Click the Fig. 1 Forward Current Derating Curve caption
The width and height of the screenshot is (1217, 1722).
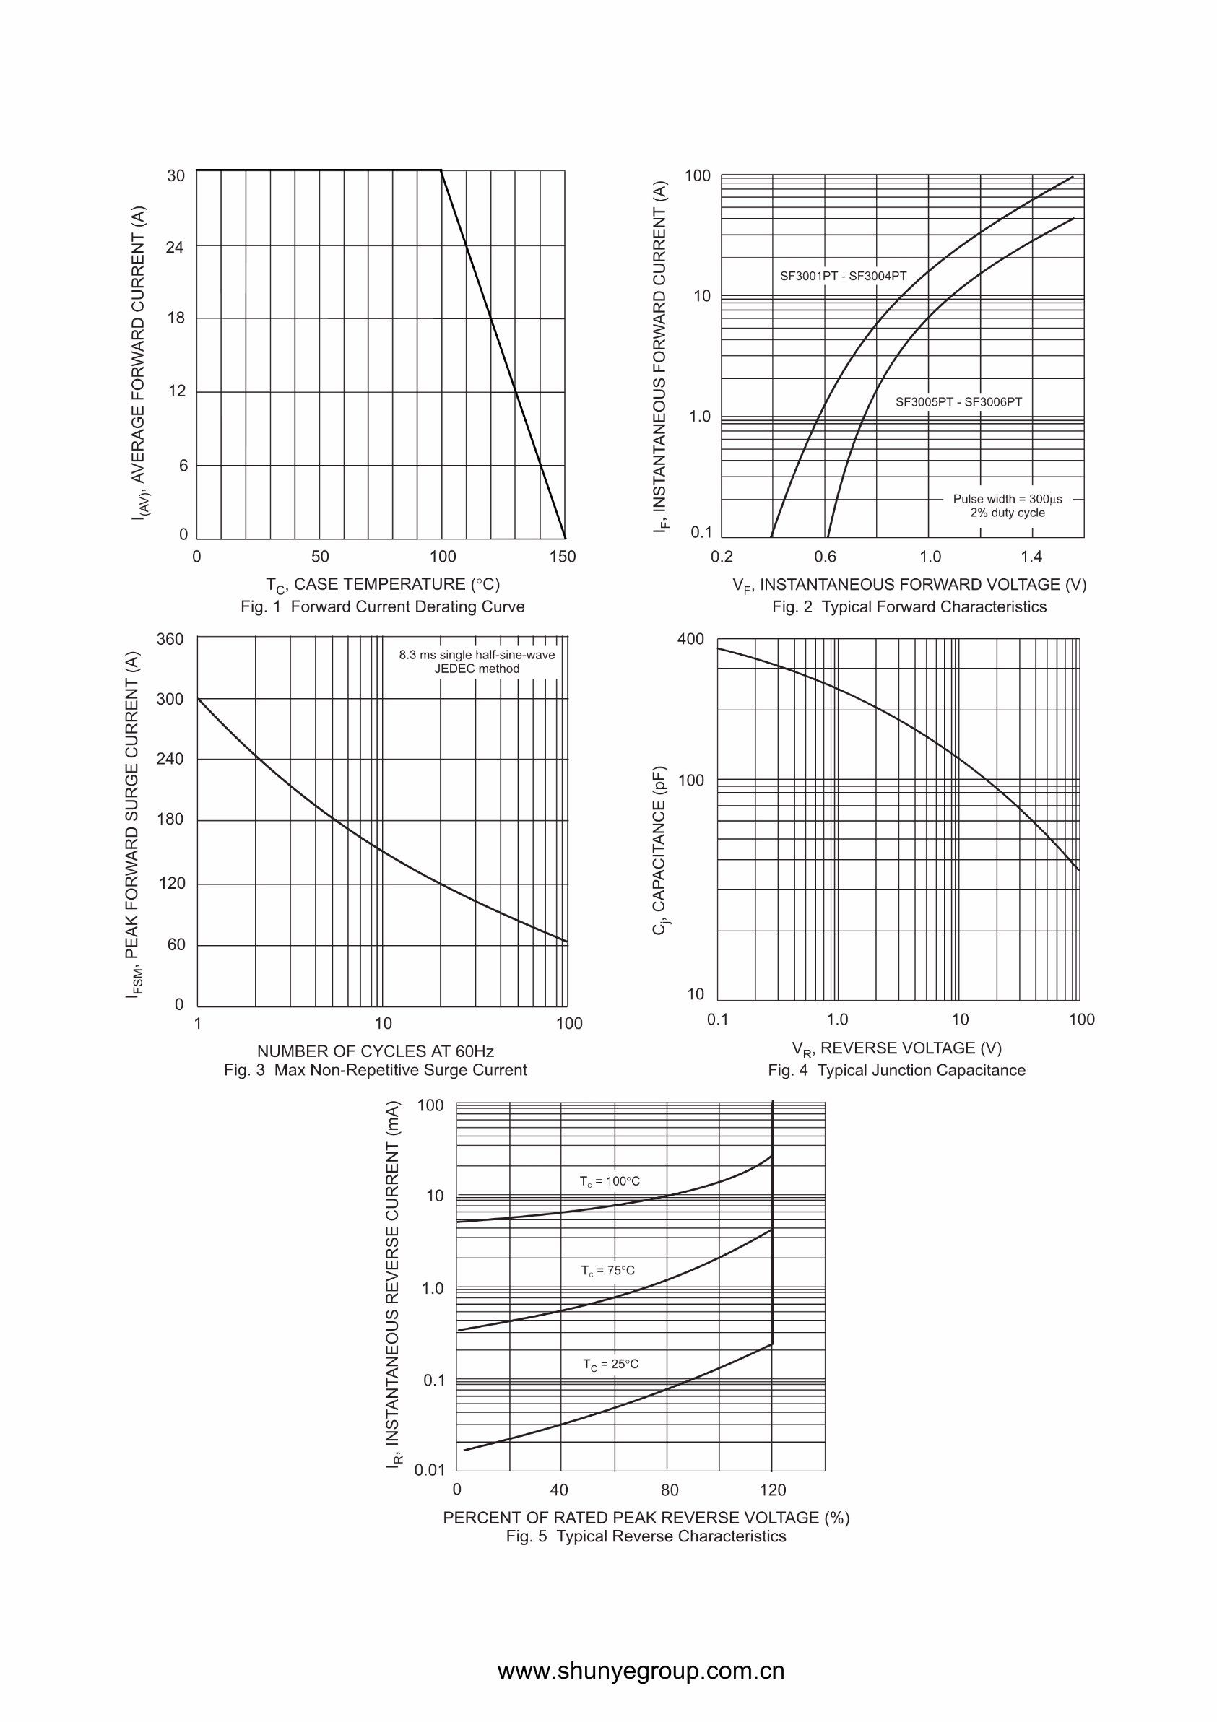383,606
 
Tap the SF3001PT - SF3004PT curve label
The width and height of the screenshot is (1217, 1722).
844,276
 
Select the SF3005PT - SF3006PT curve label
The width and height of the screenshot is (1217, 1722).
959,402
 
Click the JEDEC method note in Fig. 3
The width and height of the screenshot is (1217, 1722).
477,669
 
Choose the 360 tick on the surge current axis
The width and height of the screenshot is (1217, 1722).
170,640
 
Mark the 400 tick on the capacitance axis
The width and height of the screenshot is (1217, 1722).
691,640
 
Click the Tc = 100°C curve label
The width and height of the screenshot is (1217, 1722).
610,1181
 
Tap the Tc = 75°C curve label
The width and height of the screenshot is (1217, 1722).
607,1271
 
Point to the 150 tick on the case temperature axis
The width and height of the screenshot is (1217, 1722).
563,557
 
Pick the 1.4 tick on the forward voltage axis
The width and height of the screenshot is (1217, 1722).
1031,557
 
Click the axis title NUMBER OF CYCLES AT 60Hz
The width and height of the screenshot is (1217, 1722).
375,1051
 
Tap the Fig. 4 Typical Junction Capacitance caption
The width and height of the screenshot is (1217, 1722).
896,1070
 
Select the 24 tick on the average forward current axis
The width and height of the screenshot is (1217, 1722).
175,247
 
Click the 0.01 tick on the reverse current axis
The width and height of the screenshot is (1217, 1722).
430,1470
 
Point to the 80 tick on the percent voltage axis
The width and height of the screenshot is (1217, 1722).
670,1490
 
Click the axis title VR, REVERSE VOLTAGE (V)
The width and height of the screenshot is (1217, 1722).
896,1048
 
